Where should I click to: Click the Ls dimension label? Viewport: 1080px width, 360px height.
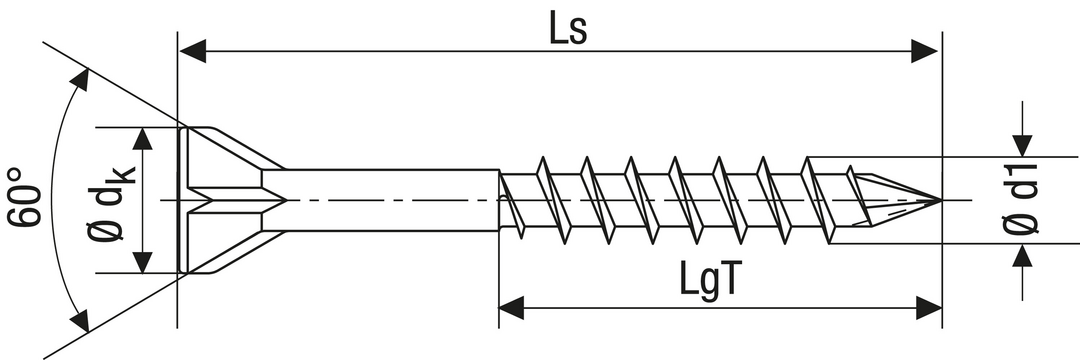coord(568,30)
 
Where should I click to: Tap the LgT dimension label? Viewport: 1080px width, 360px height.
coord(709,280)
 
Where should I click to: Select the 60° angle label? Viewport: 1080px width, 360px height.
coord(24,197)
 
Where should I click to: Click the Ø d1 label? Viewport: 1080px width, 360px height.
coord(1021,200)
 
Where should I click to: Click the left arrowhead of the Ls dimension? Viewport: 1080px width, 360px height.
coord(192,51)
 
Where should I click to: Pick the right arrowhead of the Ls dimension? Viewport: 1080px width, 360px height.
coord(924,51)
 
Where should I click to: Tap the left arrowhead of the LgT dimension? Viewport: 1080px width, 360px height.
coord(512,308)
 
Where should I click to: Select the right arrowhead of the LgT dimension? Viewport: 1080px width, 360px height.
coord(928,308)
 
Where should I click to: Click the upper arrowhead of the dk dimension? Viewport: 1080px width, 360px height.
coord(143,138)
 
